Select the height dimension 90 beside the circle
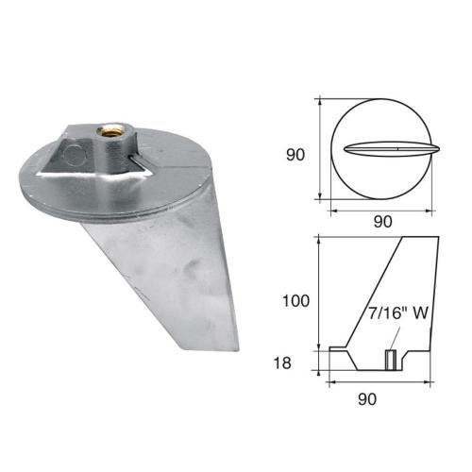pos(295,154)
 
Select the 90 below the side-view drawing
pos(368,398)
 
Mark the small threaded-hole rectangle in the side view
pos(387,361)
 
